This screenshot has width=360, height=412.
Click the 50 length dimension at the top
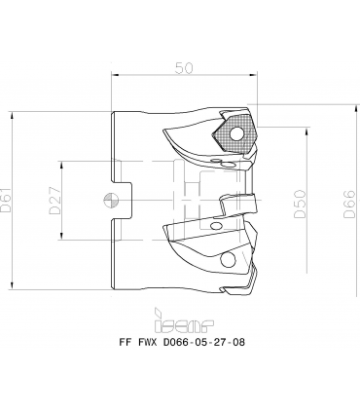pyautogui.click(x=184, y=68)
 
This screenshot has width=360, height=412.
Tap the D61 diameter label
pyautogui.click(x=6, y=200)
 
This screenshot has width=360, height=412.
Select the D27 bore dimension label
pyautogui.click(x=54, y=201)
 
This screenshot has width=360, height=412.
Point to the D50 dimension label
pyautogui.click(x=300, y=204)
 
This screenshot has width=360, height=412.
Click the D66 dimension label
pyautogui.click(x=350, y=204)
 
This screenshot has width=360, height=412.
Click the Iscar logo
pyautogui.click(x=184, y=320)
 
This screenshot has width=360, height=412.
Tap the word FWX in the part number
pyautogui.click(x=148, y=342)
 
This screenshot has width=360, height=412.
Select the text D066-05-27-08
pyautogui.click(x=203, y=342)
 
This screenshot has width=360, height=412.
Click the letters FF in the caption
pyautogui.click(x=125, y=342)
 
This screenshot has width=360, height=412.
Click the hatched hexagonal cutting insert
pyautogui.click(x=234, y=133)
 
